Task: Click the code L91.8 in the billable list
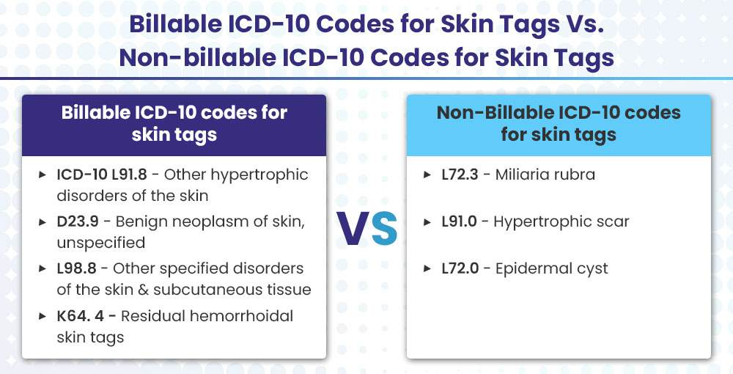[x=129, y=175]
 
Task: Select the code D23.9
[x=78, y=221]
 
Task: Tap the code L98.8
[x=77, y=268]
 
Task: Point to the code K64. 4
[x=81, y=316]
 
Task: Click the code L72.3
[x=460, y=175]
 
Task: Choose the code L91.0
[x=459, y=221]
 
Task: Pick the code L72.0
[x=460, y=268]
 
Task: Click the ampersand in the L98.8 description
[x=144, y=290]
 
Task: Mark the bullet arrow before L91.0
[x=427, y=222]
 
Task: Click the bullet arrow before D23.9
[x=42, y=222]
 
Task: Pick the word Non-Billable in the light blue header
[x=493, y=113]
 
